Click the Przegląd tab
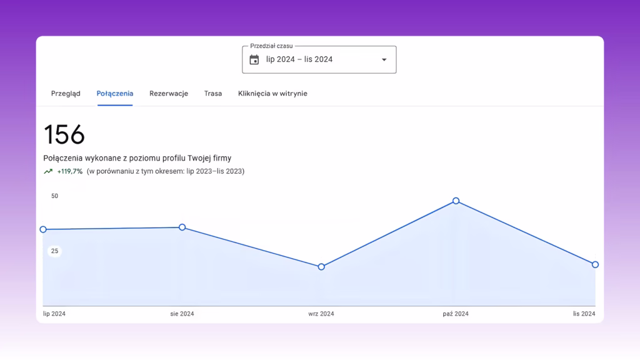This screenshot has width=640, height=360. (x=66, y=94)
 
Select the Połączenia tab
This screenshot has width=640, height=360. (x=115, y=94)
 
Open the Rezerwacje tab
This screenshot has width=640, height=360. (x=169, y=94)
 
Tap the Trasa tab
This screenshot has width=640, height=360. (x=213, y=94)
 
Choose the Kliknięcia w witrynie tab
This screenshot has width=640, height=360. (x=272, y=94)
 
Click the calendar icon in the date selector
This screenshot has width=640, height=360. (x=254, y=59)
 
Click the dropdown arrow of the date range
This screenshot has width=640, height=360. (x=384, y=59)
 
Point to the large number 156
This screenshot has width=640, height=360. (x=64, y=134)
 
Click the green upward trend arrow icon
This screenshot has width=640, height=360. (x=48, y=171)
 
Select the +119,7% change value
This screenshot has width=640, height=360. (x=70, y=171)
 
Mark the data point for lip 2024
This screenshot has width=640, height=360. (x=43, y=229)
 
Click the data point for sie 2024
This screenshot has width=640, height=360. (x=182, y=227)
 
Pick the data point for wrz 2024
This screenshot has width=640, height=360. (x=321, y=267)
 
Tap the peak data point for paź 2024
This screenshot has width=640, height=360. (x=456, y=201)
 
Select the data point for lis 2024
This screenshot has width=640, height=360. (x=595, y=264)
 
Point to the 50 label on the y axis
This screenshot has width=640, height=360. (x=55, y=196)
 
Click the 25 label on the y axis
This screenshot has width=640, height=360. (x=55, y=251)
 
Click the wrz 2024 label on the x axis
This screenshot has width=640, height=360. (x=321, y=314)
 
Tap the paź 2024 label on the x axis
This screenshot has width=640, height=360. (x=456, y=314)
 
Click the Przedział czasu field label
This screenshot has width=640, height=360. (x=271, y=46)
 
